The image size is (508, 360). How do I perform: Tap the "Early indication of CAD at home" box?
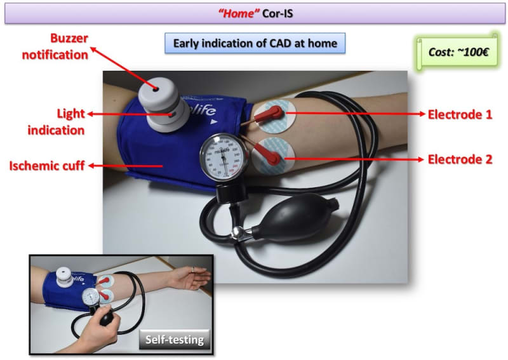coord(255,43)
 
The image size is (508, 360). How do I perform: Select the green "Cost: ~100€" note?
coord(457,52)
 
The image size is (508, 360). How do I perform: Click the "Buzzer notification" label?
coord(55,46)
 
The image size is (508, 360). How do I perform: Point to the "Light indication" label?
coord(56,122)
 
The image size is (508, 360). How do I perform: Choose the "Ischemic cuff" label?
coord(47,166)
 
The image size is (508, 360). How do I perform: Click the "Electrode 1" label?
coord(460,114)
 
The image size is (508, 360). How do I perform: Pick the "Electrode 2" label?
coord(460,159)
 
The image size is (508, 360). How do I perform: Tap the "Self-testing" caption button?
coord(175,339)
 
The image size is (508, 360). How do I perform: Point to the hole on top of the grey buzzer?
coord(156,89)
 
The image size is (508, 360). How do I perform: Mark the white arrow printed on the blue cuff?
coord(213,122)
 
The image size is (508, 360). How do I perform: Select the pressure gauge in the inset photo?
coord(90,297)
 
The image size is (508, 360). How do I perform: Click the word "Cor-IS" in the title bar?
coord(277,13)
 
